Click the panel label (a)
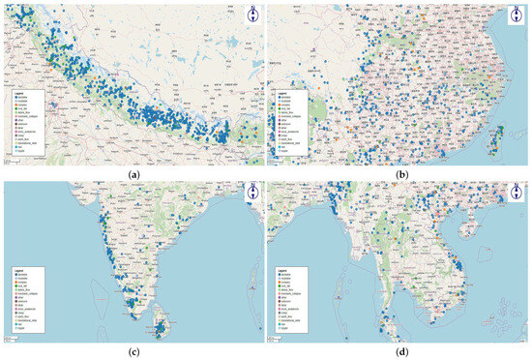[132, 172]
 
